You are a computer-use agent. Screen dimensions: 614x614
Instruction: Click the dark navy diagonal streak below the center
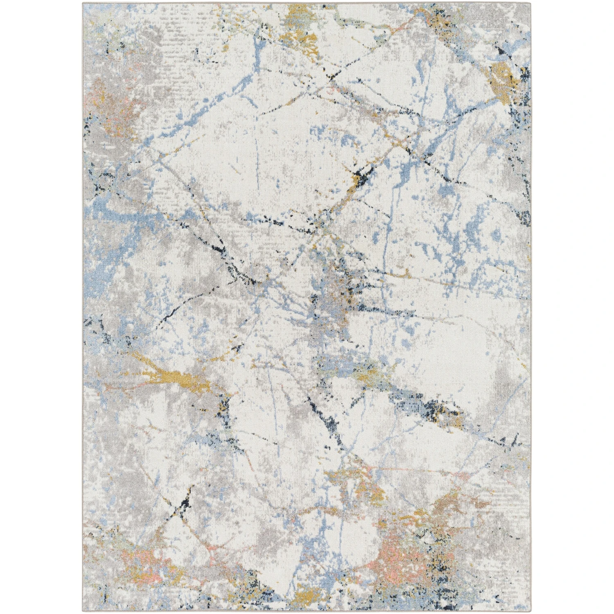pyautogui.click(x=334, y=426)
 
